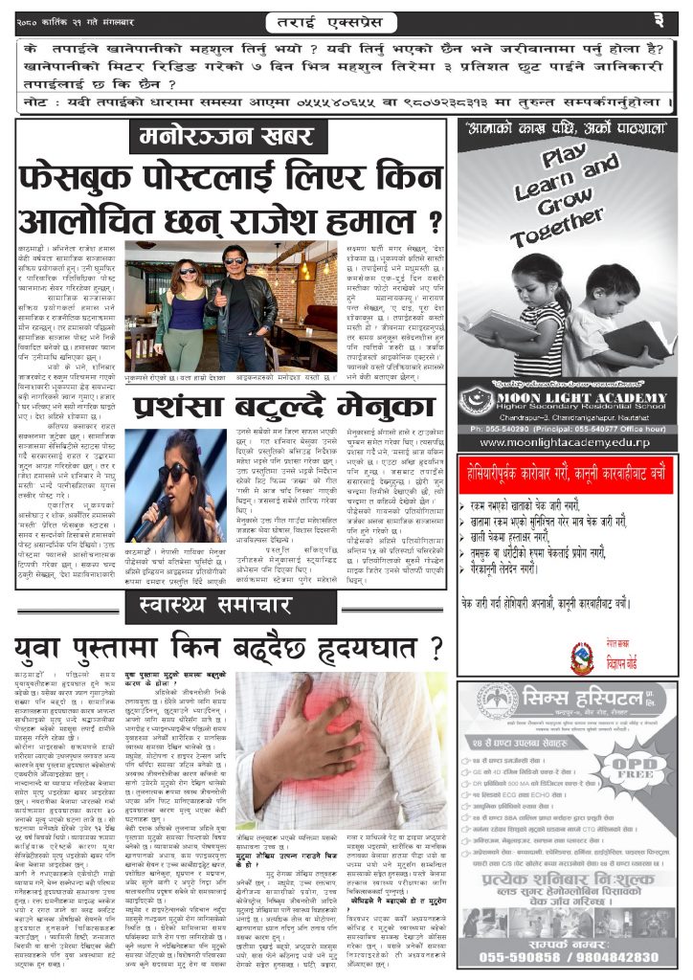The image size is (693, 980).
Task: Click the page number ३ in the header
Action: [658, 18]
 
